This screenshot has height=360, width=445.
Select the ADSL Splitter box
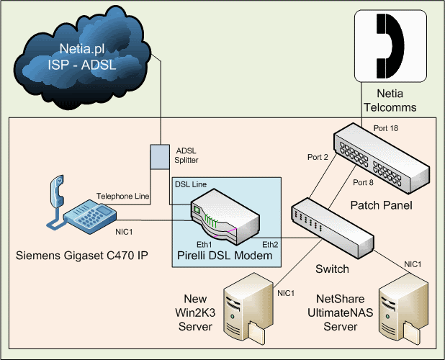pos(158,157)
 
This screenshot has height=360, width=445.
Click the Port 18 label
pos(385,128)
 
